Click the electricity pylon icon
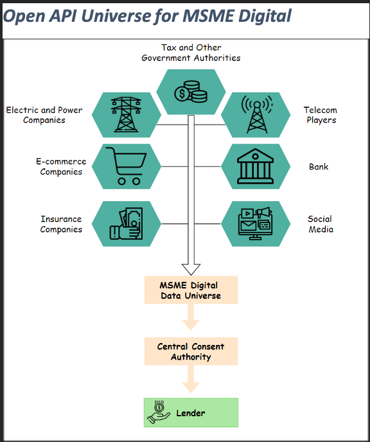pyautogui.click(x=126, y=114)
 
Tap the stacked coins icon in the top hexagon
pyautogui.click(x=191, y=92)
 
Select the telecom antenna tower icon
pyautogui.click(x=257, y=114)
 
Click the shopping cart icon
pyautogui.click(x=126, y=166)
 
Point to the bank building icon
pyautogui.click(x=255, y=166)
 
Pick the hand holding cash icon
pyautogui.click(x=126, y=224)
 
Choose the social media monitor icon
pyautogui.click(x=255, y=224)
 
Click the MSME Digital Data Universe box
pyautogui.click(x=191, y=290)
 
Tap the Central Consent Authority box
pyautogui.click(x=191, y=351)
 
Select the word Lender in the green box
pyautogui.click(x=191, y=413)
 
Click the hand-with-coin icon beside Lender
pyautogui.click(x=159, y=412)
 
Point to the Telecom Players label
pyautogui.click(x=321, y=115)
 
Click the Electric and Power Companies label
pyautogui.click(x=44, y=115)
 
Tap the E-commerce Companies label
pyautogui.click(x=61, y=166)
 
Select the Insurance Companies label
pyautogui.click(x=61, y=224)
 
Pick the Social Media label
pyautogui.click(x=321, y=224)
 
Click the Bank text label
pyautogui.click(x=319, y=166)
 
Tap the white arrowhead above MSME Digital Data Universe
pyautogui.click(x=191, y=269)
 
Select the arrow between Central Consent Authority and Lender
pyautogui.click(x=191, y=379)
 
